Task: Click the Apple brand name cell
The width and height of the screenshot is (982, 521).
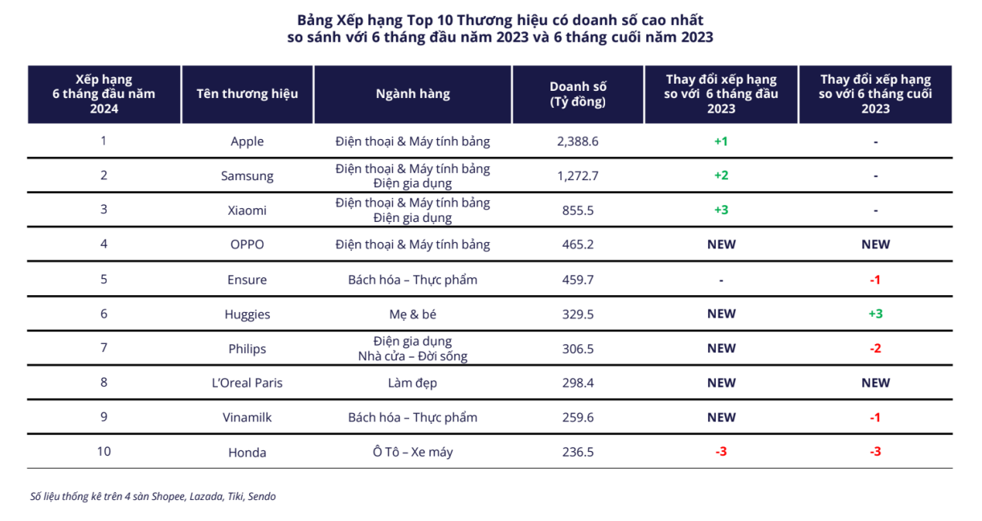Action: [x=247, y=142]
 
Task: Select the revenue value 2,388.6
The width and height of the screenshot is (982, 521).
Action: [x=578, y=142]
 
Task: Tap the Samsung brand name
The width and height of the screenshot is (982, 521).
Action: [x=247, y=176]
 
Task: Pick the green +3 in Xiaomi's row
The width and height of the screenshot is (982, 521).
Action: [x=721, y=210]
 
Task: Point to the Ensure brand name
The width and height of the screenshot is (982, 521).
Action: [x=247, y=280]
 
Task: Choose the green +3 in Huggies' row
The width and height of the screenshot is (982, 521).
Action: [x=875, y=314]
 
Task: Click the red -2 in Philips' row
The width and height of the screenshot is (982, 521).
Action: [x=875, y=348]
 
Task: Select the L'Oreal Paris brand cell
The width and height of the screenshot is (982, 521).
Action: [x=247, y=383]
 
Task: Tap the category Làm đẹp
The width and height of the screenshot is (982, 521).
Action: [x=412, y=383]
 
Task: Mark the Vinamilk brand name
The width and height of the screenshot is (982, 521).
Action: [x=247, y=417]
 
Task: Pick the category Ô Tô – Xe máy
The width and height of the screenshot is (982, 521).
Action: [x=412, y=452]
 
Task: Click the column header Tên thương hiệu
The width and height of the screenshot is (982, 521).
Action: [x=247, y=94]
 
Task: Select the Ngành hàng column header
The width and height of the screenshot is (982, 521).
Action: [x=412, y=94]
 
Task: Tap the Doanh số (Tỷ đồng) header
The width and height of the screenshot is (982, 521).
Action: [x=578, y=94]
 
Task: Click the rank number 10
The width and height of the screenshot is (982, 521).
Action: [x=104, y=451]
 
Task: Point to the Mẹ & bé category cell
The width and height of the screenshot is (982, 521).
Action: [x=412, y=314]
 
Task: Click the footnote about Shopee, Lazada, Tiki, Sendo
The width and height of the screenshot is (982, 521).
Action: [x=153, y=496]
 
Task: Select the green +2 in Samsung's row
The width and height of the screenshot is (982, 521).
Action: [x=721, y=176]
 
